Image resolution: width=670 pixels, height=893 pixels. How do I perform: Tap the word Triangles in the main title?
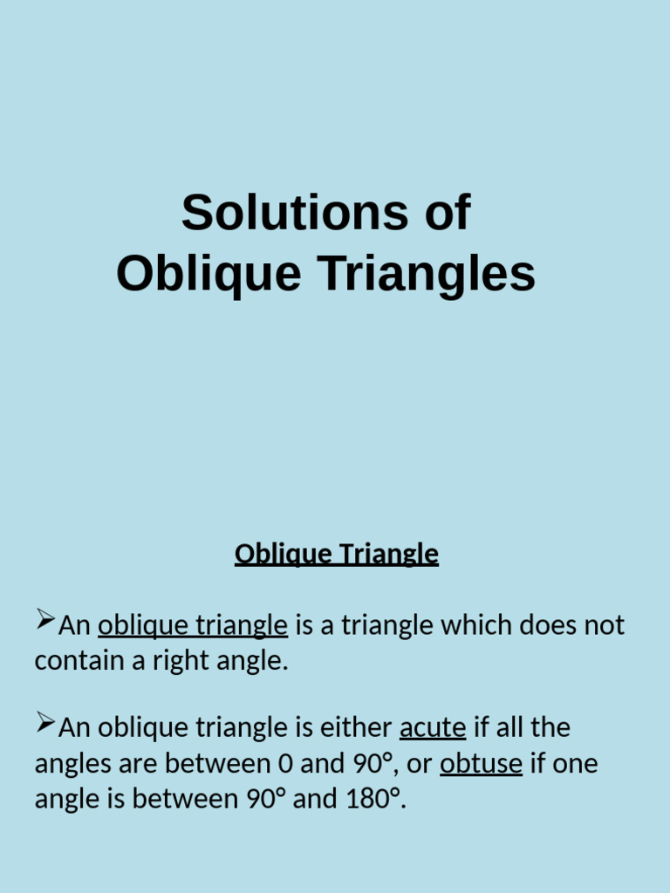point(426,274)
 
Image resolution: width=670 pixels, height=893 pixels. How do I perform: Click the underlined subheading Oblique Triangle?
point(336,554)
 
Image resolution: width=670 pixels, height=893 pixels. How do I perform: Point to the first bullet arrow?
point(44,622)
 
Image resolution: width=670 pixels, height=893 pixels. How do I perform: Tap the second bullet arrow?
point(44,723)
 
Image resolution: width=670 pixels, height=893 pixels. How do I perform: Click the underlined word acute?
point(433,727)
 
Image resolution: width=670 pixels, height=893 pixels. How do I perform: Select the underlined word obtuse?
point(481,764)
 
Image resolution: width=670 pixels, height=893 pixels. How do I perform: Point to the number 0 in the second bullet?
point(284,764)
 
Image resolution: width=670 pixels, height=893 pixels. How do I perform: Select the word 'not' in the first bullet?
point(605,625)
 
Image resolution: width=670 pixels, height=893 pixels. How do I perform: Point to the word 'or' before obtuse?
point(420,764)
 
